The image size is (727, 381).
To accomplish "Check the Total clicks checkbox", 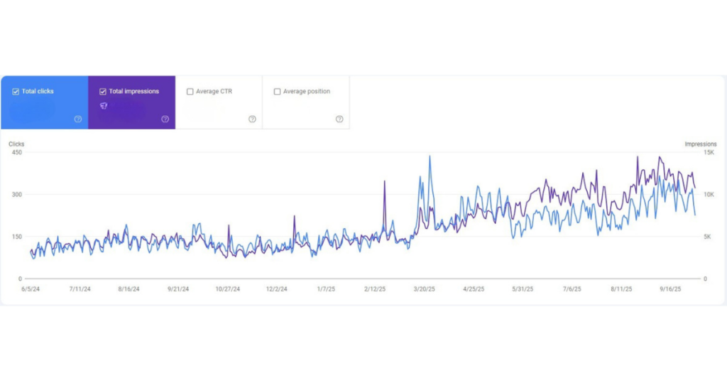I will [16, 92].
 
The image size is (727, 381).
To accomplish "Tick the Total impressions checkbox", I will [103, 92].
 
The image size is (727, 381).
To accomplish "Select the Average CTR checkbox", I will [190, 92].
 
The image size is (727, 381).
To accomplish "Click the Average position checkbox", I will [277, 92].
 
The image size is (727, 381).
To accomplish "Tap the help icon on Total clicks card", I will [78, 119].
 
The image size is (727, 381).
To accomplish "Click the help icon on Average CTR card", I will [252, 119].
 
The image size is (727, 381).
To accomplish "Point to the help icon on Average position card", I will [339, 119].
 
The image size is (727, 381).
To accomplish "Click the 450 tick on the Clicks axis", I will [16, 152].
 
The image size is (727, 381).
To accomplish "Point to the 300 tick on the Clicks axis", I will [16, 194].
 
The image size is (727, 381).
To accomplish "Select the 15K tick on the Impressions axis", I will [709, 152].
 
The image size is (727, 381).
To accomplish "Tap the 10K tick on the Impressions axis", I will [709, 194].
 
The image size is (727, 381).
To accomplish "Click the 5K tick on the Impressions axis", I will [707, 237].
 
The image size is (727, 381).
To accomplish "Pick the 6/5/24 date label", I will [31, 289].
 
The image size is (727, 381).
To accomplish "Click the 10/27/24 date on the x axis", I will [227, 289].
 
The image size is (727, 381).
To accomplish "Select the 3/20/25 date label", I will [424, 289].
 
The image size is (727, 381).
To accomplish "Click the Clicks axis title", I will [16, 144].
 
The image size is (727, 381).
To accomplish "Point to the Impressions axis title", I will [700, 144].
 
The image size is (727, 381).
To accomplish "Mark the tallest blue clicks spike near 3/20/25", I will [430, 157].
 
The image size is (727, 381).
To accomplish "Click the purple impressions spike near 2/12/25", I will [385, 182].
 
